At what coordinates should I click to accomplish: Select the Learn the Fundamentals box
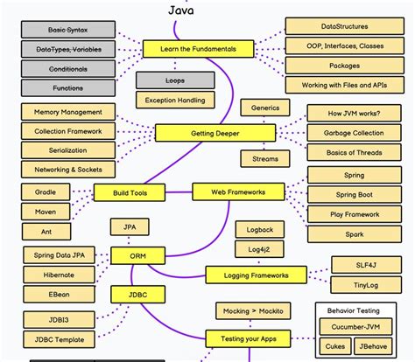(x=197, y=49)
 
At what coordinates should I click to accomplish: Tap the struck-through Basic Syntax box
(x=68, y=31)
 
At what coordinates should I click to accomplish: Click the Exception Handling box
(x=175, y=100)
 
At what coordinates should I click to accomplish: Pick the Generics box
(x=264, y=108)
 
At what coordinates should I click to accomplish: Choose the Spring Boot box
(x=354, y=194)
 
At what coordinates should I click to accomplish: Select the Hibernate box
(x=58, y=274)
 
